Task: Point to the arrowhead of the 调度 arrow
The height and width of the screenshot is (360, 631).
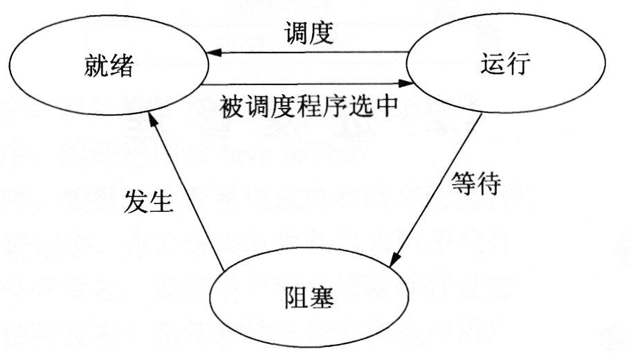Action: (208, 52)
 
